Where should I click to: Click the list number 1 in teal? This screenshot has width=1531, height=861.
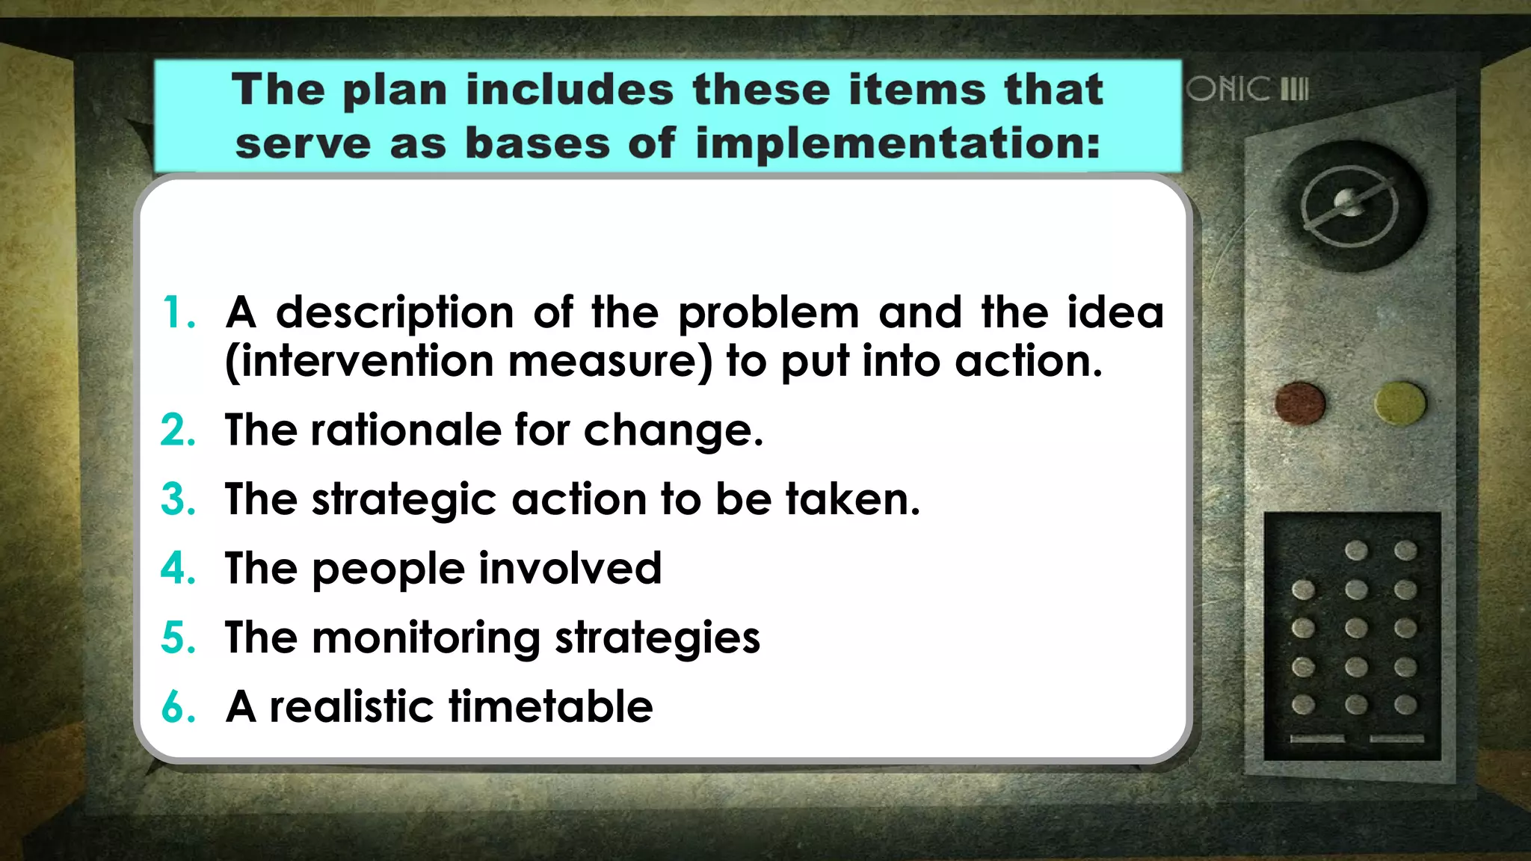[x=177, y=312]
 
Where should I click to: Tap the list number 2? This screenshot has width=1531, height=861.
[x=177, y=430]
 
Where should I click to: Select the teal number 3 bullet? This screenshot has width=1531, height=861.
[x=177, y=499]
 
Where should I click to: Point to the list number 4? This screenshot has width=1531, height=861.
[x=177, y=568]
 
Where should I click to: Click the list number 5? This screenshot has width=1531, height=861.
[x=177, y=638]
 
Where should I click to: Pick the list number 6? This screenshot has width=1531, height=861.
[x=177, y=707]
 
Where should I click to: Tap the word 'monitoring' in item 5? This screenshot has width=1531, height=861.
[x=425, y=638]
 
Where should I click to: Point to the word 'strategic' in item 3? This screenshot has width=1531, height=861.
[x=404, y=500]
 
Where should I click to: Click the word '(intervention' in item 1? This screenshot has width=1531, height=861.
[x=359, y=362]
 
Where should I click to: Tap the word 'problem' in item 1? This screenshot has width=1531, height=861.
[x=768, y=314]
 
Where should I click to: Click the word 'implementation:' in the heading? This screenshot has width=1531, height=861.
[x=898, y=143]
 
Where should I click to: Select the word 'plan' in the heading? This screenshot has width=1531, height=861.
[x=395, y=90]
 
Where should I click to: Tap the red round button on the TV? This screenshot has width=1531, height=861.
[x=1300, y=404]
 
